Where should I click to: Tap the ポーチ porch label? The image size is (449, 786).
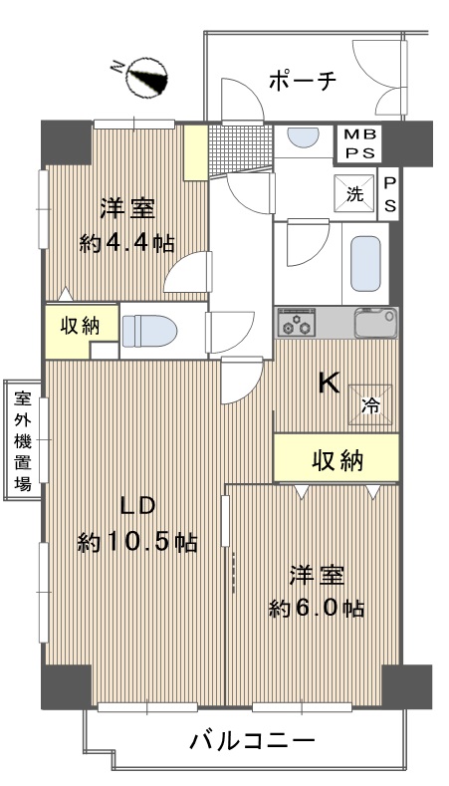(x=302, y=81)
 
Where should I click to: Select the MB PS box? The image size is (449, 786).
(x=358, y=143)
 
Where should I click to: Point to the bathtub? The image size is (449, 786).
(x=365, y=264)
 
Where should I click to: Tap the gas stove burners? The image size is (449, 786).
(x=296, y=323)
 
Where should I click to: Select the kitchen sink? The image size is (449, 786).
(x=376, y=323)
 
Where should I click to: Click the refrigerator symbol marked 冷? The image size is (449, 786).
(x=370, y=404)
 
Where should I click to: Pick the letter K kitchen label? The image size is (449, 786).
(x=330, y=385)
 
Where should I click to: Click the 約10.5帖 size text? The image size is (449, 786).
(x=136, y=542)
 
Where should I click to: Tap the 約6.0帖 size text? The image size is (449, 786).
(x=317, y=609)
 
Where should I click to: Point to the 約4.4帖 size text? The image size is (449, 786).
(x=126, y=244)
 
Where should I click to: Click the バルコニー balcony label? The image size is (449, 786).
(x=252, y=740)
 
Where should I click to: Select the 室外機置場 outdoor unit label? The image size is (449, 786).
(x=23, y=440)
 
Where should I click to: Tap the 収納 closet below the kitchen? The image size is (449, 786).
(x=336, y=458)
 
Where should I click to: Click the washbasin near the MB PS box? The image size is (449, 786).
(x=304, y=136)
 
